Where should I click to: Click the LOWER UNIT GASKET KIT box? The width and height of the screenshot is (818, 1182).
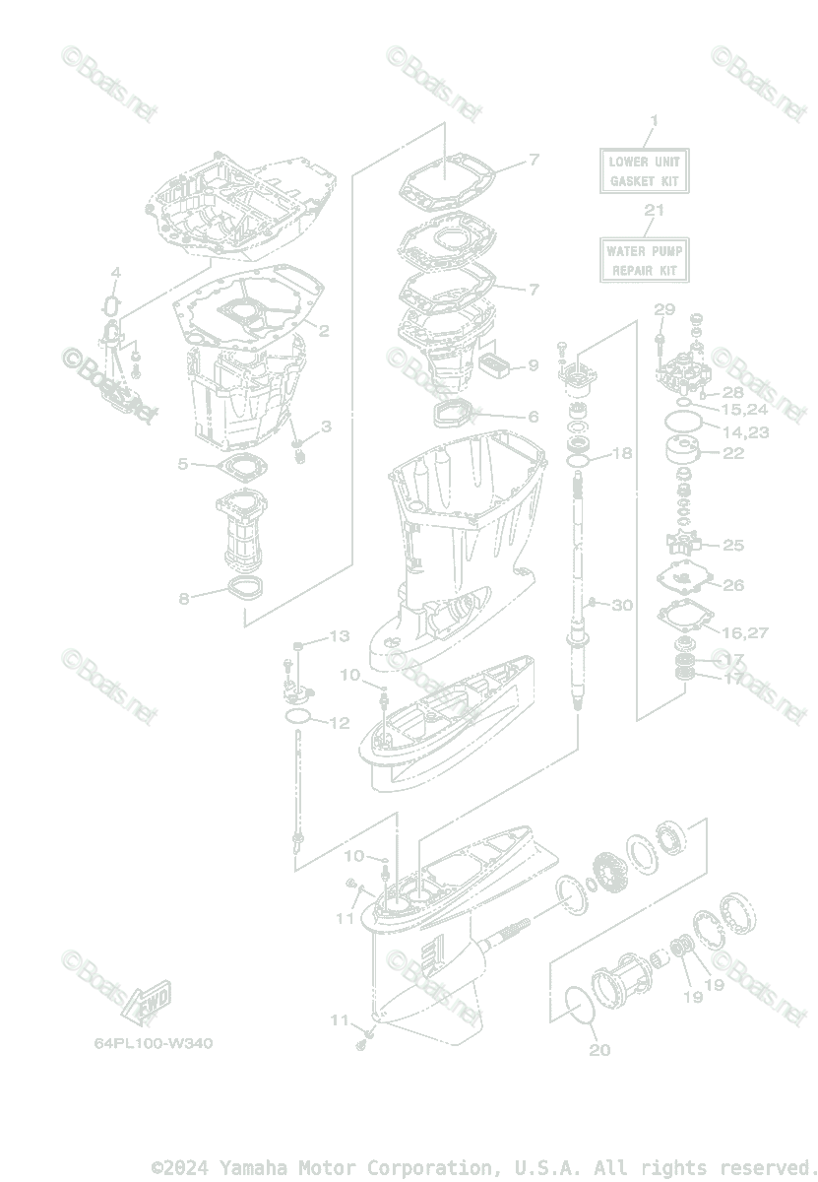point(644,170)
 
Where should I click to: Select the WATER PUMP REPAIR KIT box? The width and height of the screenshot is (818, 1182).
point(644,260)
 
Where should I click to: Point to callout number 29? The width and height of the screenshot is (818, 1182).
point(664,310)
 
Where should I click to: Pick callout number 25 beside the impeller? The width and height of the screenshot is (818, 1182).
point(733,545)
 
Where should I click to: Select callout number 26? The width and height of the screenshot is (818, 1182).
point(733,585)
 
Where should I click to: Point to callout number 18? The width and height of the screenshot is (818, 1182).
point(622,454)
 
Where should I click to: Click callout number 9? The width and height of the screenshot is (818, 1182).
point(533,365)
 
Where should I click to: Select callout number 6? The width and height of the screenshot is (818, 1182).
point(533,417)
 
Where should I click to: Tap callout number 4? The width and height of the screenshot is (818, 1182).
point(115,273)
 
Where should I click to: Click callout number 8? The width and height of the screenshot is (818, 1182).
point(184,598)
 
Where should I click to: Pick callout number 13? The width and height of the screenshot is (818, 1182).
point(339,636)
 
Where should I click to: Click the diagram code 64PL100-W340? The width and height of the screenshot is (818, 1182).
point(154,1043)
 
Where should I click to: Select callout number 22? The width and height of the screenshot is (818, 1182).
point(733,452)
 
